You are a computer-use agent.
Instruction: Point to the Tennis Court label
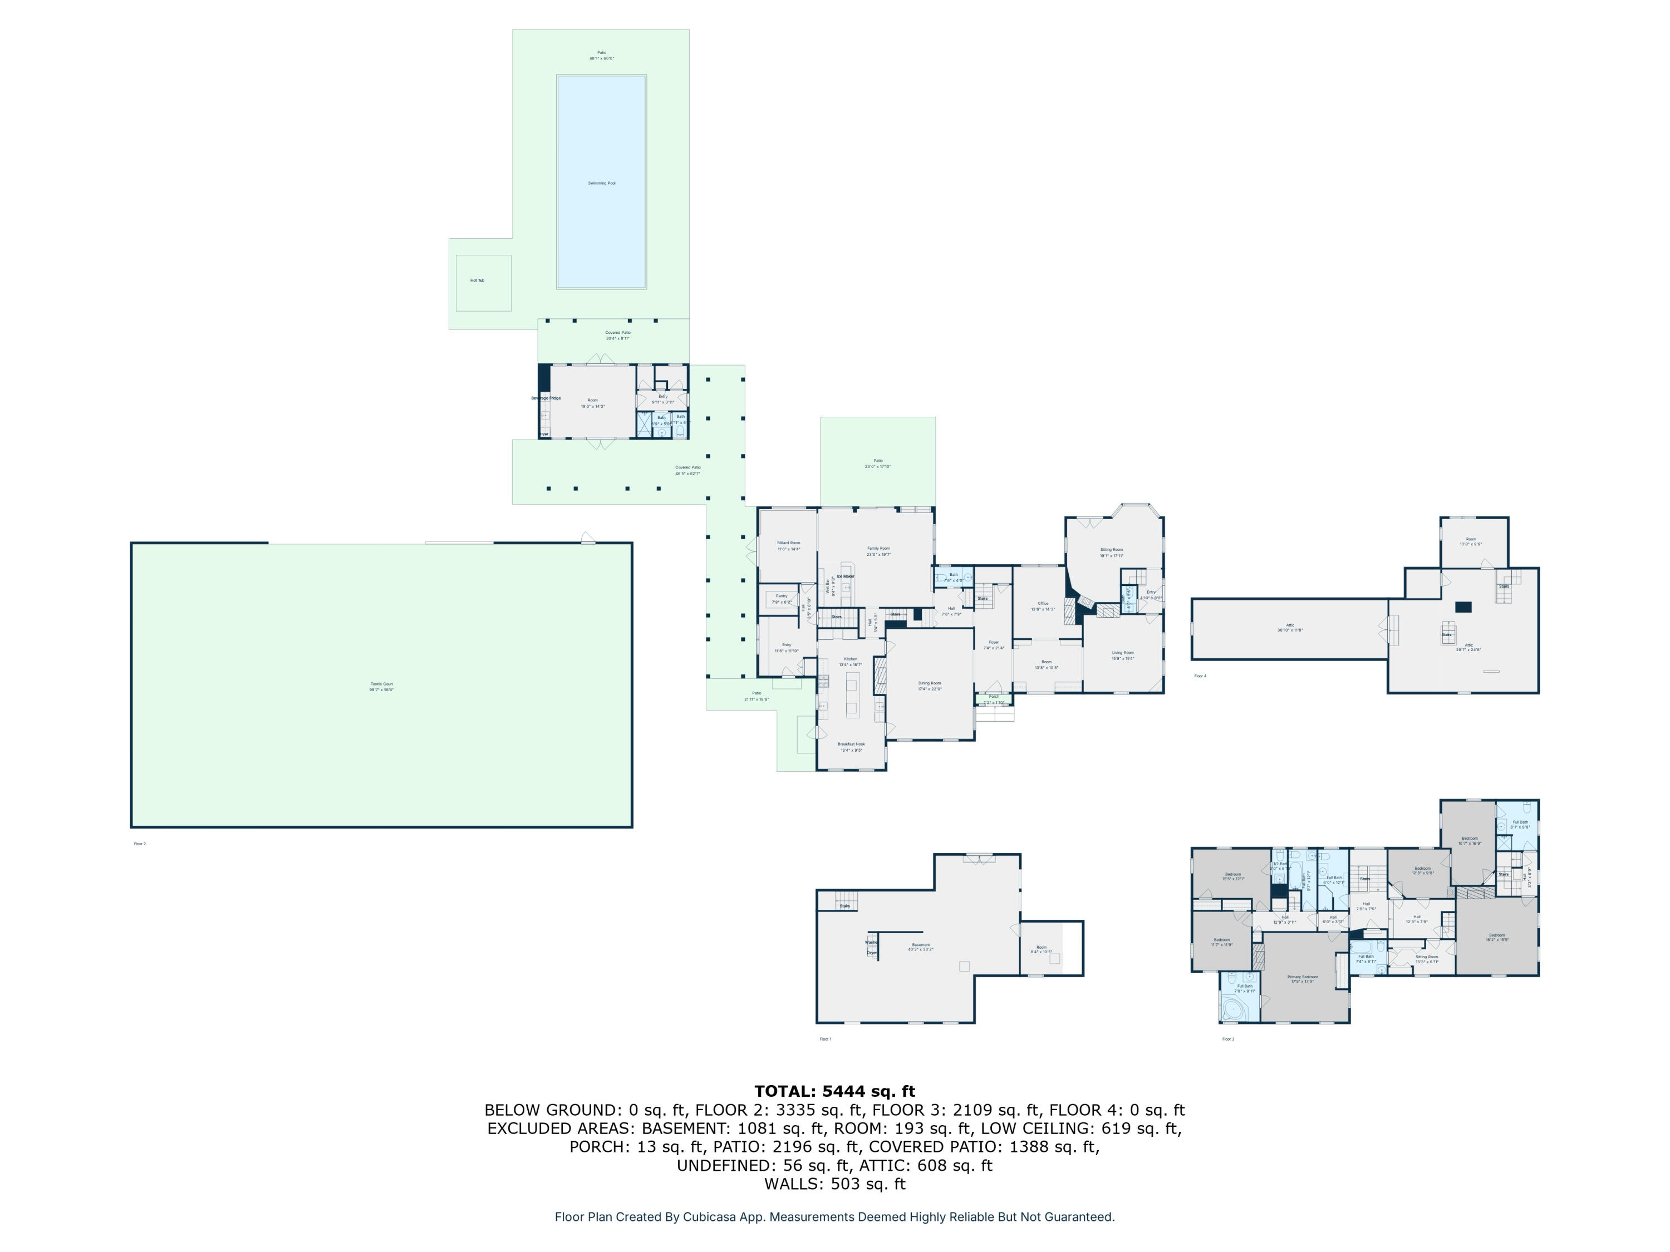[381, 684]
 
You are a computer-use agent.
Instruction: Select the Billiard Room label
[788, 543]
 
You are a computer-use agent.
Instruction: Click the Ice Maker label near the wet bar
[845, 576]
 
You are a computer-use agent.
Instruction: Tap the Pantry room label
[782, 595]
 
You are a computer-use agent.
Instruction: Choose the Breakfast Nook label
[851, 744]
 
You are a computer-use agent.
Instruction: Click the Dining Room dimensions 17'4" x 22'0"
[930, 689]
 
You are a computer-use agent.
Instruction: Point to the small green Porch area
[994, 699]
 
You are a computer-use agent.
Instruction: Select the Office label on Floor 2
[1043, 603]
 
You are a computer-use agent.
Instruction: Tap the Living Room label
[1123, 653]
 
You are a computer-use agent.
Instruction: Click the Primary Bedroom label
[1303, 977]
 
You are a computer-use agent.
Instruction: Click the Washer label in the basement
[871, 942]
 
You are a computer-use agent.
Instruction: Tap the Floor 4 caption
[1200, 676]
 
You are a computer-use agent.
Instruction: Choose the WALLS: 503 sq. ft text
[834, 1184]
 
